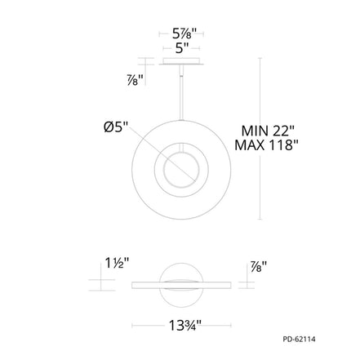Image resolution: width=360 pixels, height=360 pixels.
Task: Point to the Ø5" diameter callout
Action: [x=116, y=127]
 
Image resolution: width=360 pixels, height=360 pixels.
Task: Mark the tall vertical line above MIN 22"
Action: [x=260, y=90]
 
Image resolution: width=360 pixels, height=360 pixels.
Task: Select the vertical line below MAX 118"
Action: [x=260, y=188]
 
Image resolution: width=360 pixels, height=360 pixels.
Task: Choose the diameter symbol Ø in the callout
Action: [x=108, y=127]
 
